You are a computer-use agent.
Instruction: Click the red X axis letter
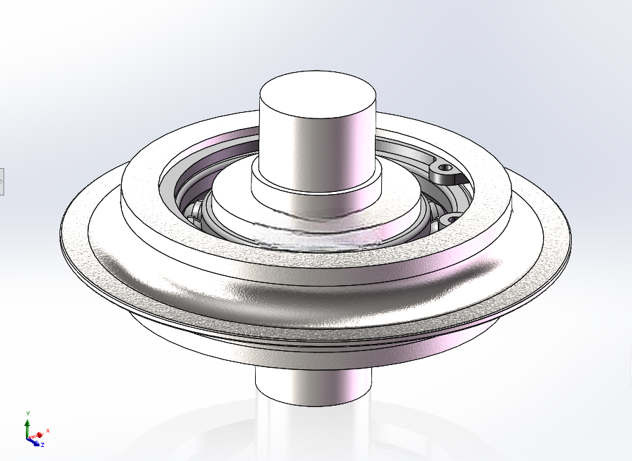pos(48,431)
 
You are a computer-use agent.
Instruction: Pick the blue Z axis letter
pos(42,445)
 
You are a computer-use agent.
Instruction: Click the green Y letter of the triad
pos(28,413)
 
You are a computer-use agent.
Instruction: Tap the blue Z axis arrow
pos(34,443)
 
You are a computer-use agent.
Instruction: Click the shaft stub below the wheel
pos(313,385)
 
